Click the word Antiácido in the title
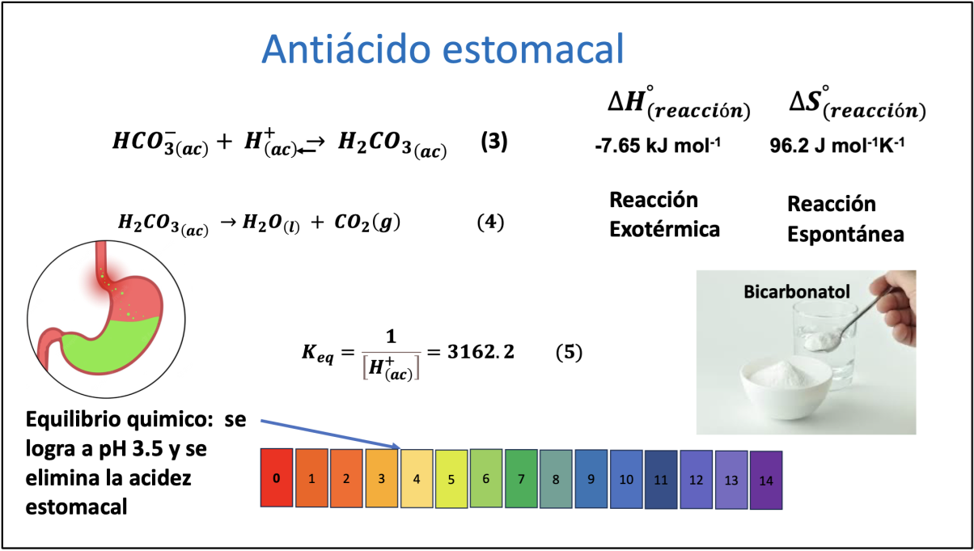click(346, 49)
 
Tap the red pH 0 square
click(277, 477)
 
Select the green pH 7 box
click(521, 478)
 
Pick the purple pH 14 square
click(766, 480)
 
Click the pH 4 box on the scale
click(417, 478)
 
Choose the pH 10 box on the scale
click(626, 479)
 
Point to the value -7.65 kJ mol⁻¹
click(658, 146)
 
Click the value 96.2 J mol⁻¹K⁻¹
click(837, 146)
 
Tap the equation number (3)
click(494, 142)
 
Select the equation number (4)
click(490, 222)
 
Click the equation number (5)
click(569, 352)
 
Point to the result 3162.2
click(481, 352)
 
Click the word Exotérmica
click(664, 230)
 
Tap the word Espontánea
click(845, 235)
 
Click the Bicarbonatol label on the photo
click(797, 292)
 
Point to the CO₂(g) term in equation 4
click(367, 223)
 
